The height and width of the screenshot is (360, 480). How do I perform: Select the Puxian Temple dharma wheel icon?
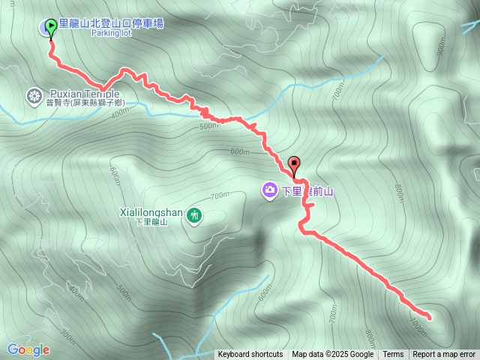34,95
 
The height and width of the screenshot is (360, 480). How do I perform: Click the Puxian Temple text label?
84,94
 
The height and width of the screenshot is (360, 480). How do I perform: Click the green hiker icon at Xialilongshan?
194,215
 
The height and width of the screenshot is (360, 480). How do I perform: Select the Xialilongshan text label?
151,212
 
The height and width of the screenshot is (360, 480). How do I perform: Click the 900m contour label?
441,46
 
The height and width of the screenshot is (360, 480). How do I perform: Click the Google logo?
28,349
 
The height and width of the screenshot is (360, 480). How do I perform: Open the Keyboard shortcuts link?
250,355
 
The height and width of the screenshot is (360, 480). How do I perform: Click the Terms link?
393,355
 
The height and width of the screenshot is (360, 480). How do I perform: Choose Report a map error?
444,355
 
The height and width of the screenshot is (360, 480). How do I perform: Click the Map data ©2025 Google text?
332,355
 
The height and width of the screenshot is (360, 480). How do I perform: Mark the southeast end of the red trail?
429,318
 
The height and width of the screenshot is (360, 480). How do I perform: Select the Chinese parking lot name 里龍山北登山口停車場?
111,23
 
